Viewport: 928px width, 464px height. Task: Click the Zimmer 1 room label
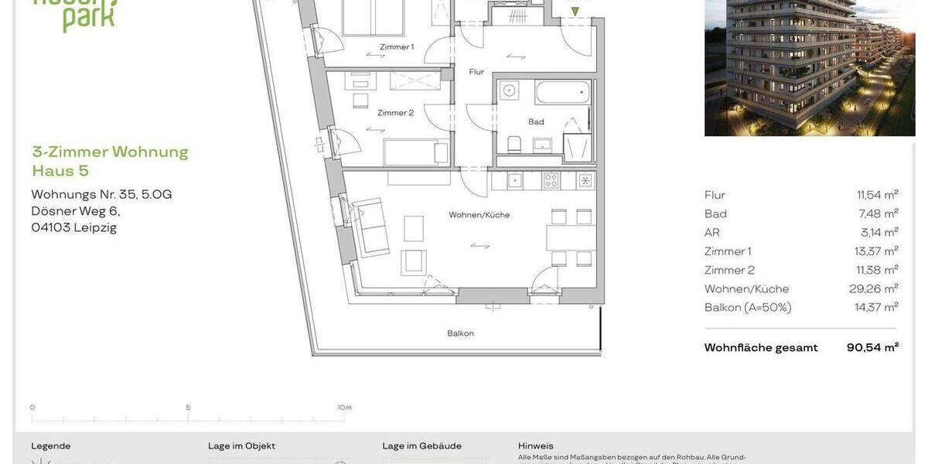click(x=396, y=47)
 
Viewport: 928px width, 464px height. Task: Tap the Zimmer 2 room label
click(x=395, y=113)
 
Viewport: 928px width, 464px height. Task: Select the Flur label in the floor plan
click(x=476, y=72)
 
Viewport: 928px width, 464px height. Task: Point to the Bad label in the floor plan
click(x=536, y=121)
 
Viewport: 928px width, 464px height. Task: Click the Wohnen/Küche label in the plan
click(x=479, y=215)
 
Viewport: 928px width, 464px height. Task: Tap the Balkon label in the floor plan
click(x=460, y=333)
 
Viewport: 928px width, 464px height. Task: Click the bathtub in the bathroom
click(x=562, y=93)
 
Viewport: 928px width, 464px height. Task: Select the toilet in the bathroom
click(x=514, y=143)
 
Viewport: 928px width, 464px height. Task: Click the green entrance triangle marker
click(x=574, y=12)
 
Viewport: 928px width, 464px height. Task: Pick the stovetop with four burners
click(x=551, y=181)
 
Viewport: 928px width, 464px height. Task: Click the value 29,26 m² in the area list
click(x=873, y=289)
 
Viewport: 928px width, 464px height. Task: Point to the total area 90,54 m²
click(x=872, y=348)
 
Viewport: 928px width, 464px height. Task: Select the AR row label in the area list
click(x=711, y=233)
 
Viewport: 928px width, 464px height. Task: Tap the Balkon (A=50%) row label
click(x=747, y=308)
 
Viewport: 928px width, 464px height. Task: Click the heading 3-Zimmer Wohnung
click(x=110, y=152)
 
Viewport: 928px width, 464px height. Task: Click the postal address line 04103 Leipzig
click(x=73, y=227)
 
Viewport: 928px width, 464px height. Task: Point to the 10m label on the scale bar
click(x=344, y=408)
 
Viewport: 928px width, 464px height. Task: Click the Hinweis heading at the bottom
click(x=535, y=446)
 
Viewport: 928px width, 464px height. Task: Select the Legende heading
click(x=50, y=446)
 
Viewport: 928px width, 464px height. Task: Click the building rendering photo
click(x=809, y=68)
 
